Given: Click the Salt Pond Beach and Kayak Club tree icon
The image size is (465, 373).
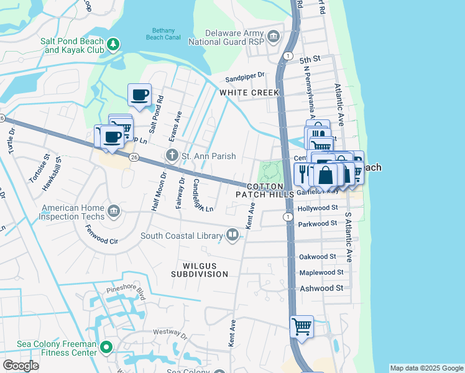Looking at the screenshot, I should click(x=113, y=44).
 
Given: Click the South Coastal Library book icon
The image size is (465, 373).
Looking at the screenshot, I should click(x=232, y=235).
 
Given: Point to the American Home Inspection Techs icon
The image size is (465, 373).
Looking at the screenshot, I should click(x=113, y=211).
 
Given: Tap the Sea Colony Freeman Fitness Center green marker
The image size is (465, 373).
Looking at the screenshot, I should click(x=106, y=347).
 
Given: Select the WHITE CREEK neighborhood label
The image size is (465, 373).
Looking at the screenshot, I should click(x=249, y=92).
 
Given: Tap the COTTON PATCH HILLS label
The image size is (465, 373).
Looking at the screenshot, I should click(x=264, y=190).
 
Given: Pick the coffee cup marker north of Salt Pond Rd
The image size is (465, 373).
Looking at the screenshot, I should click(x=139, y=95).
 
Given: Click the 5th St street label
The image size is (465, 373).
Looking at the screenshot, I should click(x=309, y=60).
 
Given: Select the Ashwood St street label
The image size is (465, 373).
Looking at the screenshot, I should click(x=321, y=288).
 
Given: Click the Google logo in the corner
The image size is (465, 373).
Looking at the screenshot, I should click(x=21, y=365).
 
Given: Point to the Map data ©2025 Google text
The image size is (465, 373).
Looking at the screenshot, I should click(x=426, y=368).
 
